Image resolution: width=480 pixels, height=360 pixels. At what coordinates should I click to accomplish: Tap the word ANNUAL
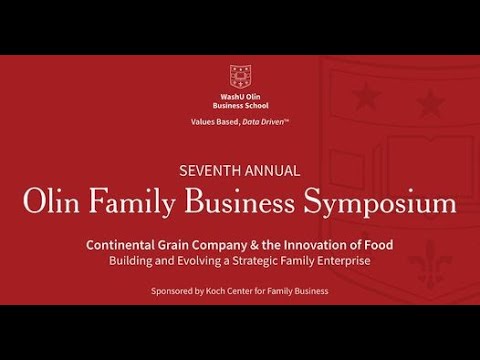click(x=270, y=170)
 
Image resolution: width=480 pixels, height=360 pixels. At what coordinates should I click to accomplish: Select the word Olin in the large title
click(x=58, y=204)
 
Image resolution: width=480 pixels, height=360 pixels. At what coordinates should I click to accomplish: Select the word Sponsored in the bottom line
click(x=174, y=291)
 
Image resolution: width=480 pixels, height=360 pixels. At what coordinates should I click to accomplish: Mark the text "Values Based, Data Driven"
click(x=240, y=121)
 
